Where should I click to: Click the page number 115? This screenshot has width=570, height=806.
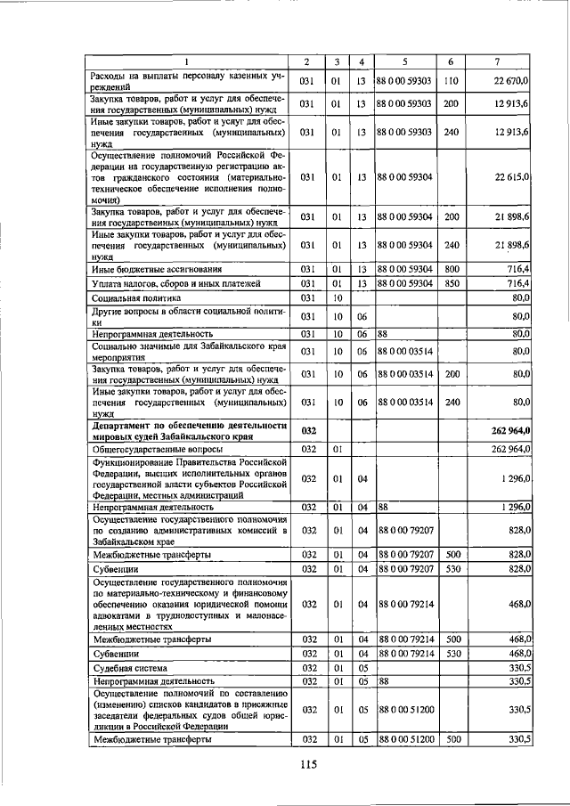pyautogui.click(x=309, y=763)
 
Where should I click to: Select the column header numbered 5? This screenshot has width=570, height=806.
pyautogui.click(x=404, y=61)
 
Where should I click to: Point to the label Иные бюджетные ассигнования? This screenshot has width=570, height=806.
pyautogui.click(x=157, y=268)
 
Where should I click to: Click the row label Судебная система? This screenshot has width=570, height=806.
pyautogui.click(x=131, y=666)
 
